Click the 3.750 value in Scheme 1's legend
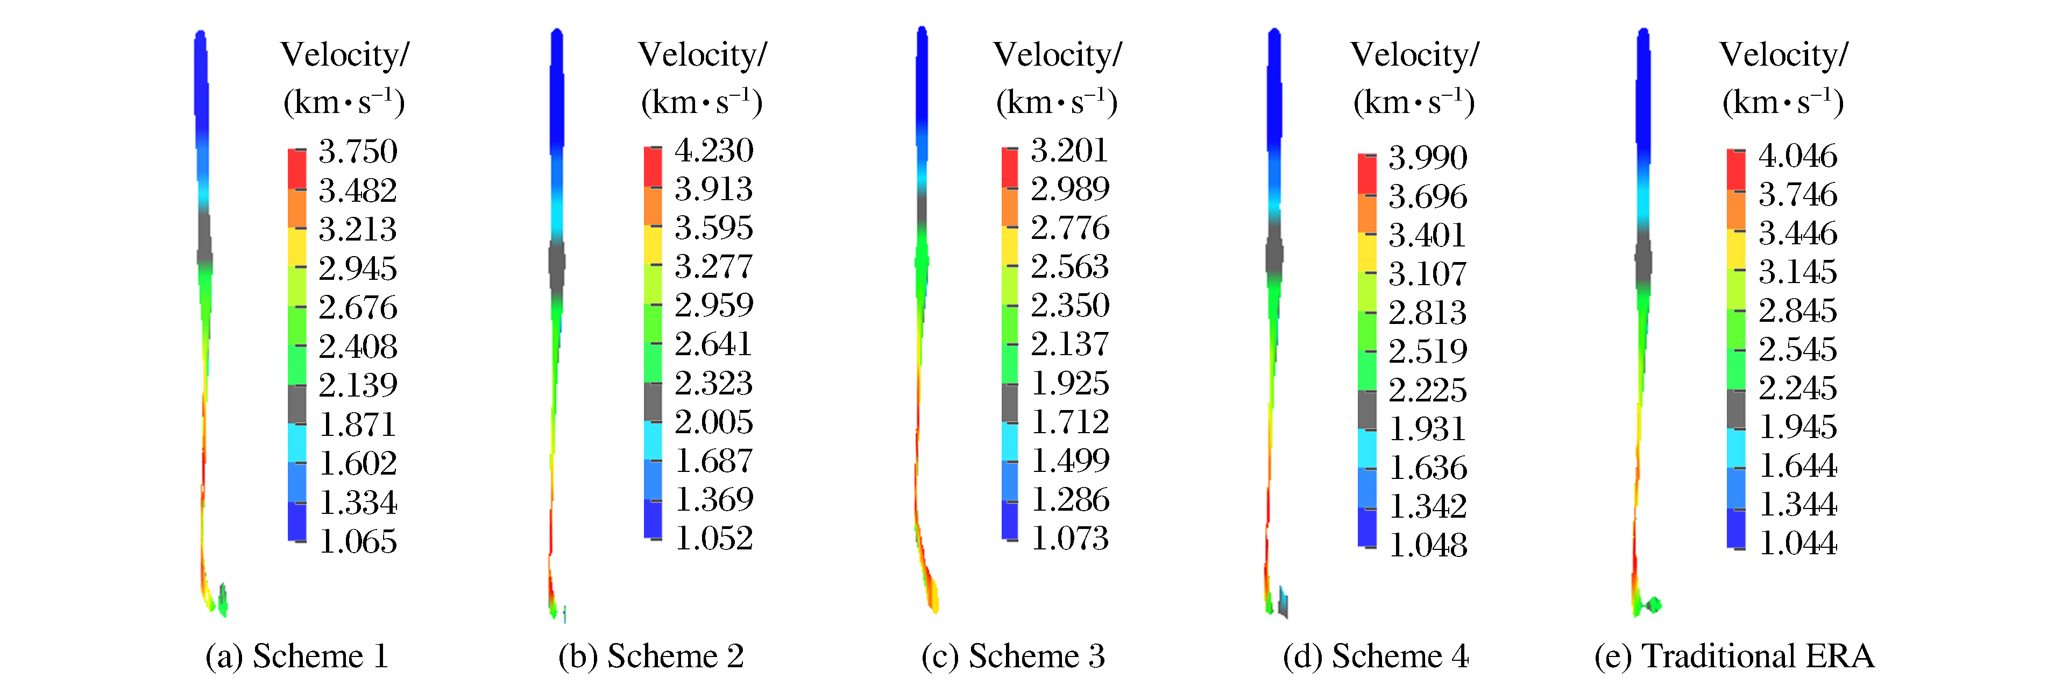tap(357, 151)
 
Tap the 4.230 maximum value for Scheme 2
tap(713, 150)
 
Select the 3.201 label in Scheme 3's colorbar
tap(1069, 150)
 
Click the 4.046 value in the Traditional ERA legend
tap(1797, 155)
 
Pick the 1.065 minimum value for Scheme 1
tap(357, 541)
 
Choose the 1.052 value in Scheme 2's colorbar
tap(713, 538)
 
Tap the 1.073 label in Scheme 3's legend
tap(1069, 538)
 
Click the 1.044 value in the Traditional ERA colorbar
tap(1797, 543)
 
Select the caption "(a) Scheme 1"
tap(297, 656)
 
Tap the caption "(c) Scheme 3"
tap(1013, 656)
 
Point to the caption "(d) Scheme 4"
tap(1375, 656)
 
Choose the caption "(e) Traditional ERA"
tap(1734, 656)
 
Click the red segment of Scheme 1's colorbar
tap(297, 169)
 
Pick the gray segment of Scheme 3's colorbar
tap(1010, 403)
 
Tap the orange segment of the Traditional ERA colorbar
tap(1735, 209)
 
